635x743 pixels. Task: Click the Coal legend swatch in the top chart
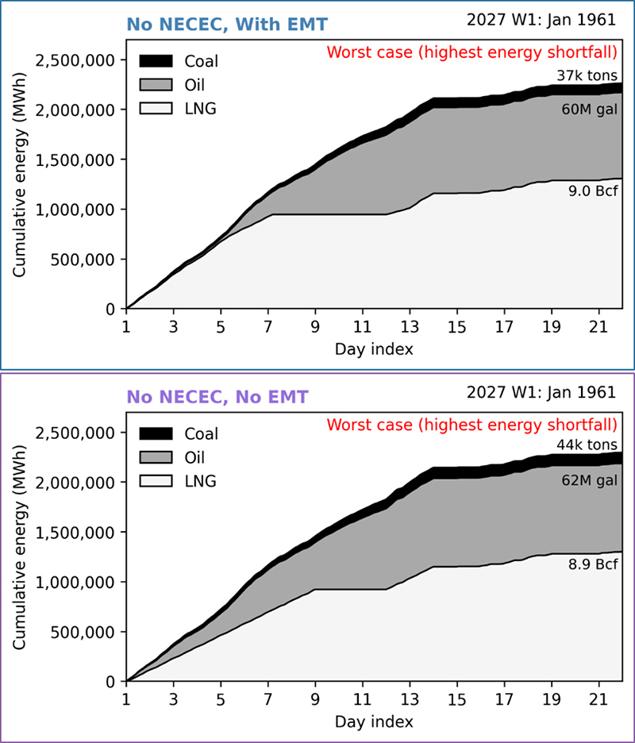click(x=157, y=61)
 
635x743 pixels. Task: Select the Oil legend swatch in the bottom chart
click(x=157, y=457)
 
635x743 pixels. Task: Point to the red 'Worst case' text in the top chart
click(x=471, y=54)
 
